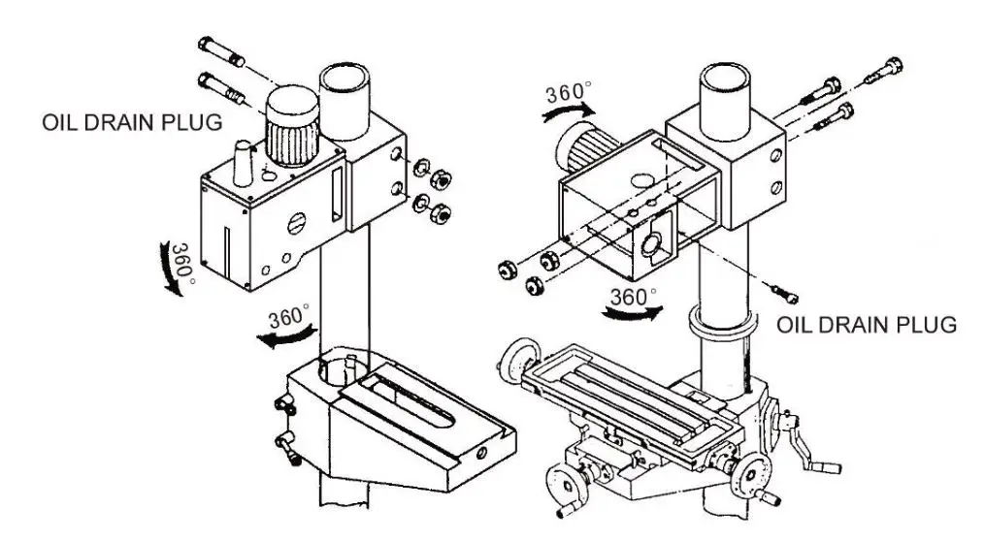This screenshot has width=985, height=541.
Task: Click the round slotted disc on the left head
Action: coord(299,223)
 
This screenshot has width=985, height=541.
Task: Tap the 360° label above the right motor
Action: coord(568,94)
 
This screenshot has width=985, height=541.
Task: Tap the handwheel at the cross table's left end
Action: coord(519,357)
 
